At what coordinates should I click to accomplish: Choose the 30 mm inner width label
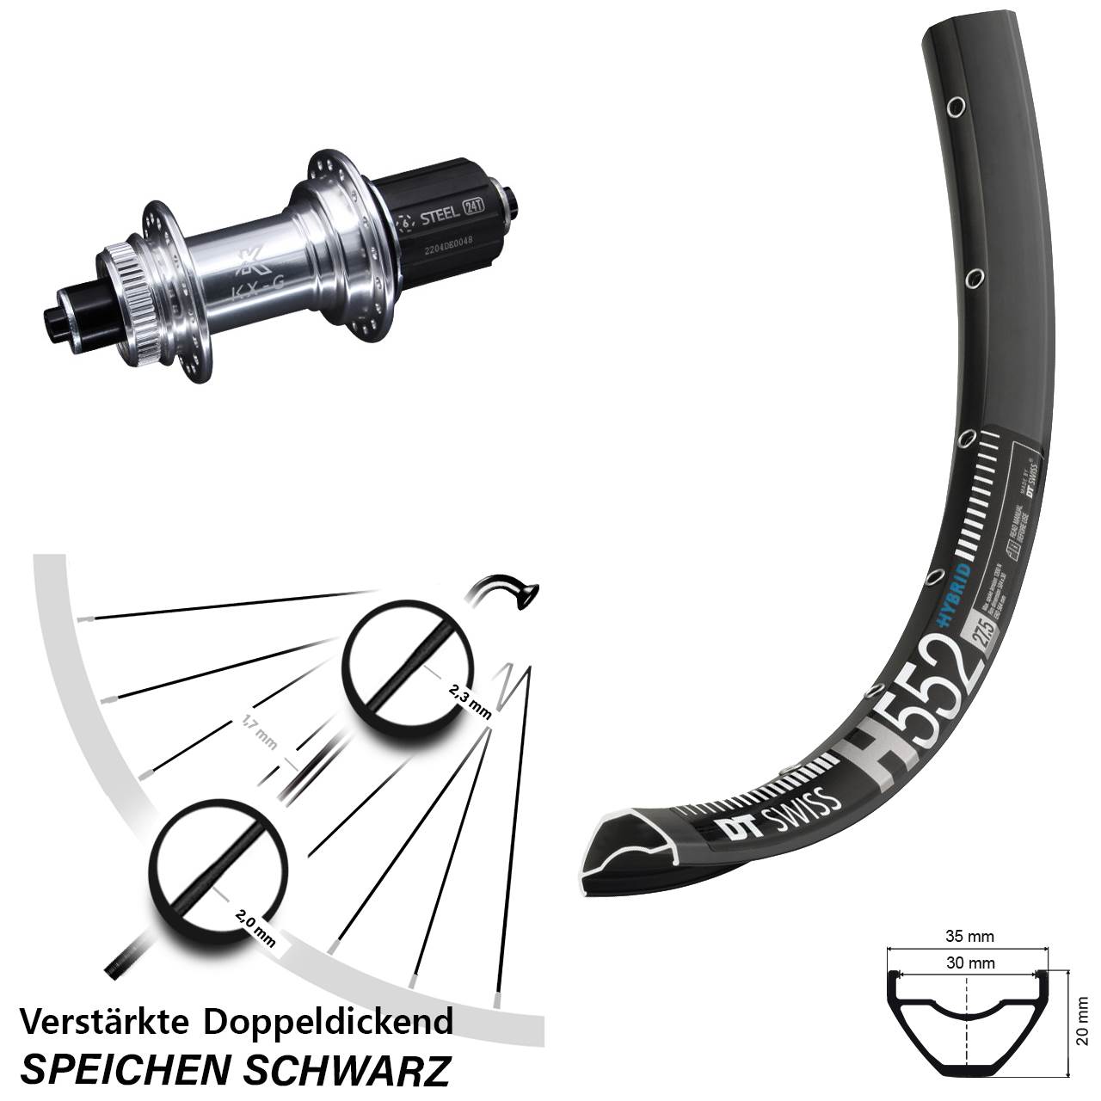click(x=969, y=963)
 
